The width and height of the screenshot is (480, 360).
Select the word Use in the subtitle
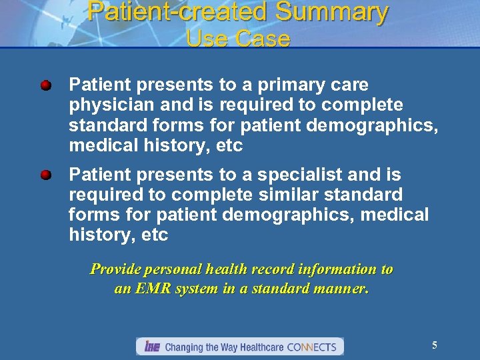coord(207,39)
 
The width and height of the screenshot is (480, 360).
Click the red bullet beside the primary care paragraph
coord(45,86)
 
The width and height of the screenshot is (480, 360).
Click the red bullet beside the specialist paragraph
coord(45,175)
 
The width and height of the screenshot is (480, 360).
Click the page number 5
coord(435,345)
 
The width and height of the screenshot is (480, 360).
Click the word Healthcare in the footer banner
coord(259,347)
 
